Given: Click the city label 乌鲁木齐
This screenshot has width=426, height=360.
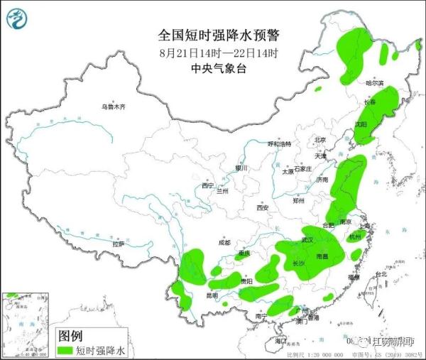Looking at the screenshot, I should click(x=112, y=107).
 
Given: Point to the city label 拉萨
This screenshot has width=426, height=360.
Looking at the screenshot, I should click(x=118, y=244).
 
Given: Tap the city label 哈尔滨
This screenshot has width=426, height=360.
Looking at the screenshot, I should click(x=374, y=84).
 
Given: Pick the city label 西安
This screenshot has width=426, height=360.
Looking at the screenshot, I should click(x=263, y=207).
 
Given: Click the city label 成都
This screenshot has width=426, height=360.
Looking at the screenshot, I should click(x=224, y=242).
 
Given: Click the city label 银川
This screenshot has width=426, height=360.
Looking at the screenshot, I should click(x=241, y=168).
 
